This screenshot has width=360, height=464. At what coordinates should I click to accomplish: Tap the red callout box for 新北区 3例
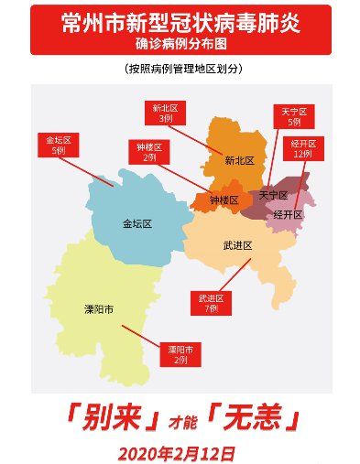[x=166, y=113]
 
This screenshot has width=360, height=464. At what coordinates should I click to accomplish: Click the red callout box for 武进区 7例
[x=212, y=304]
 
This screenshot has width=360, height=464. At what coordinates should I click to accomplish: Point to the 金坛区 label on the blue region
[x=138, y=222]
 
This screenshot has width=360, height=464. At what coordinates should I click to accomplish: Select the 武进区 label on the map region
[x=236, y=246]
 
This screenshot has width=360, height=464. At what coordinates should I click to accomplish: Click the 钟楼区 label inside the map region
[x=223, y=200]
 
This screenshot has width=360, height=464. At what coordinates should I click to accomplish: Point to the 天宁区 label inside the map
[x=273, y=196]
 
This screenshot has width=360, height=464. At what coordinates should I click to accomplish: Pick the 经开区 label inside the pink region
[x=288, y=214]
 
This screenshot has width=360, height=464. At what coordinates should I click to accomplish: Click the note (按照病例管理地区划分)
[x=180, y=70]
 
